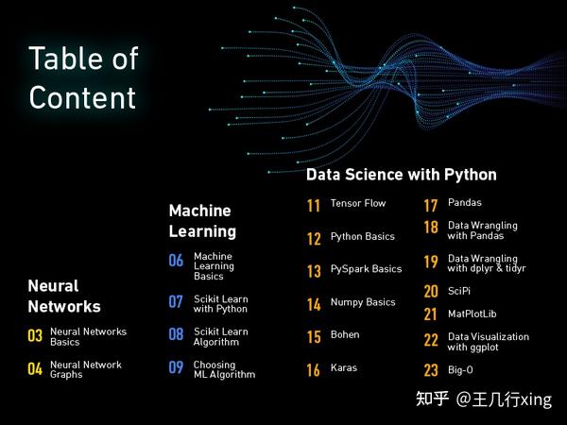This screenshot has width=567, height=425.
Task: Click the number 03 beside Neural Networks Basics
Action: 35,335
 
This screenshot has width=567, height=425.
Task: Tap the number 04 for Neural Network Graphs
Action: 35,369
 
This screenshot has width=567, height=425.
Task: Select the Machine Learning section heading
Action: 202,220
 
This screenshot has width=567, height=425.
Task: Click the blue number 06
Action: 176,261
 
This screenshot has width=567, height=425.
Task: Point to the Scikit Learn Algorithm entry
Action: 220,337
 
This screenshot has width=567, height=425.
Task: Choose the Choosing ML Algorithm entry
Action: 224,369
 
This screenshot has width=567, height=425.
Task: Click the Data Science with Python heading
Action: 401,175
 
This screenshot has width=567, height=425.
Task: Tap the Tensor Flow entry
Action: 358,204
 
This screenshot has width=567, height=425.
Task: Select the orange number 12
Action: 314,239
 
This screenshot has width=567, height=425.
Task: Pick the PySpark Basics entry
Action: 366,269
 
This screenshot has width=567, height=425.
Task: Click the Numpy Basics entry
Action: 363,302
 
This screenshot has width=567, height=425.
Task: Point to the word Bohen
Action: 345,335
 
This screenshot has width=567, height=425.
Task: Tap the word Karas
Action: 344,368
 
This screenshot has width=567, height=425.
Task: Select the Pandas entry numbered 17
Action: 464,203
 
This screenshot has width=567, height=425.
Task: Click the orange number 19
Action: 430,263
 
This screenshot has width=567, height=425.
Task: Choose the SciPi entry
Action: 459,291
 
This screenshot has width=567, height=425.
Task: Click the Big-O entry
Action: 461,370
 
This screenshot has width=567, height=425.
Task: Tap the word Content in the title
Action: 82,96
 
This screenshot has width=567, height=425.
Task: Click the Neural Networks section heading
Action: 64,296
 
